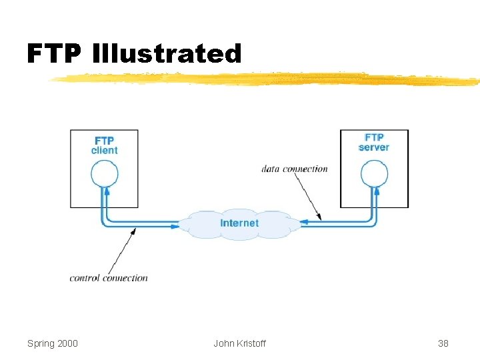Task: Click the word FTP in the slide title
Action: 55,53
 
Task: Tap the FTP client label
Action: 104,145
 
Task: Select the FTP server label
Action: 374,142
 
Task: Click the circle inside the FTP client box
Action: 104,175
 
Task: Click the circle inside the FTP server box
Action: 374,175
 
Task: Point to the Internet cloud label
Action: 239,223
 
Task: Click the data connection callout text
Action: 295,169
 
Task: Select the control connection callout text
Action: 109,277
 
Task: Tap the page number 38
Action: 443,343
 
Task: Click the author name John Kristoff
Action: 239,343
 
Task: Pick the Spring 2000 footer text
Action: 53,343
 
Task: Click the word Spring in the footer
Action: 41,344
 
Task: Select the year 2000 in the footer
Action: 67,343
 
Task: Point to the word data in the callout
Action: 270,169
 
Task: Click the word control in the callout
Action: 85,277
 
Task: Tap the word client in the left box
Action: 104,151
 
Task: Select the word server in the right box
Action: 374,147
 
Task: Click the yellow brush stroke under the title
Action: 267,80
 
